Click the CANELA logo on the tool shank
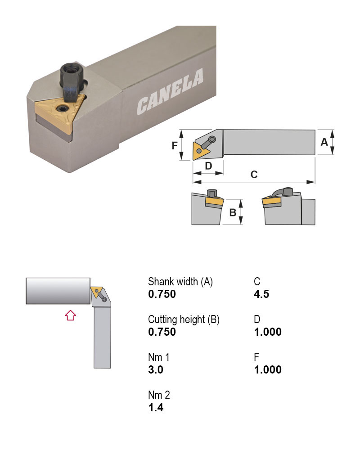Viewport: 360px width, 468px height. point(170,91)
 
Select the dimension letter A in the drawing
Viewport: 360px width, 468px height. point(324,142)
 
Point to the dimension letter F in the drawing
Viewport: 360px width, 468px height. point(175,145)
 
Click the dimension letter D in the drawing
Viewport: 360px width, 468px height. point(208,166)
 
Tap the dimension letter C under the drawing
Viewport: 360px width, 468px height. point(254,174)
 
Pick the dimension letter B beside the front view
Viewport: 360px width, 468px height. point(233,212)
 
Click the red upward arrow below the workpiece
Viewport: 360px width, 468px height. point(71,315)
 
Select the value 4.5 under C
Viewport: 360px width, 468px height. point(261,294)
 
